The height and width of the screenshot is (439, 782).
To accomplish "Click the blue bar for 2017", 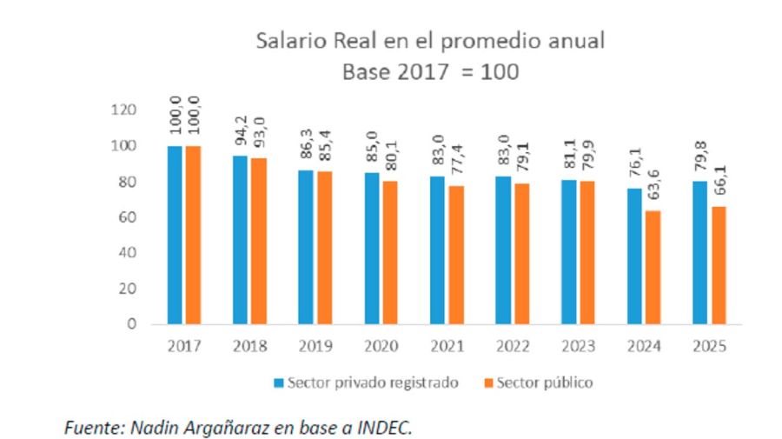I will pyautogui.click(x=176, y=235).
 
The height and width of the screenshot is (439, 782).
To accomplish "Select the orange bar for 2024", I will pyautogui.click(x=653, y=267).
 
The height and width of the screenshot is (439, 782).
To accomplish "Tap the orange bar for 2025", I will pyautogui.click(x=719, y=265).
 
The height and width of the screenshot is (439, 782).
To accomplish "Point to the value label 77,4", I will pyautogui.click(x=455, y=159).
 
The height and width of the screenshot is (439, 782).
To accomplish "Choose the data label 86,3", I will pyautogui.click(x=306, y=143).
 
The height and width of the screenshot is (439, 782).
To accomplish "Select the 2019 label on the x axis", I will pyautogui.click(x=315, y=346).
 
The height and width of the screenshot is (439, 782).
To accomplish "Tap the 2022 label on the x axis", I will pyautogui.click(x=513, y=346).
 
